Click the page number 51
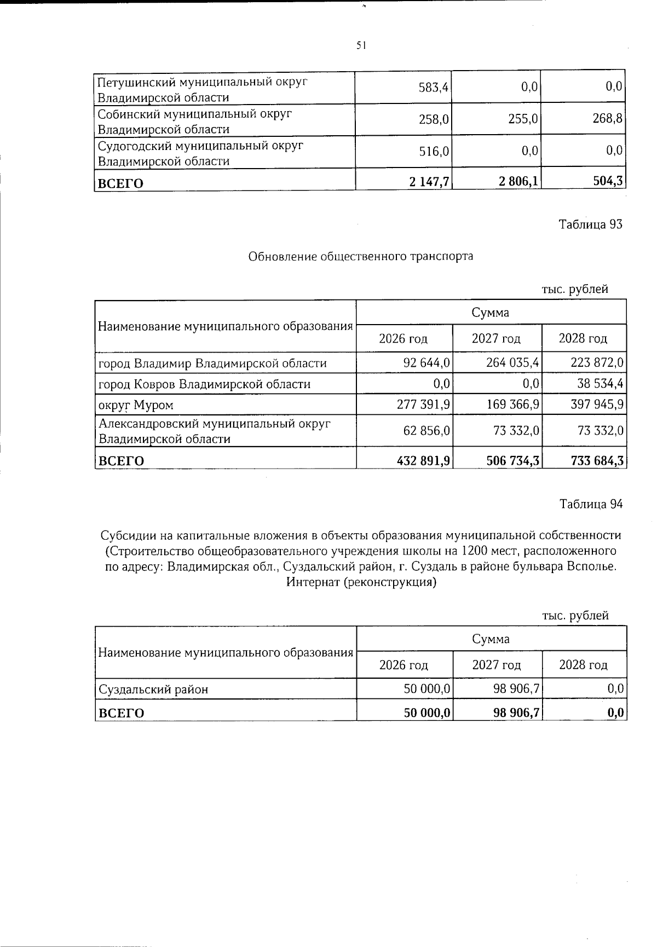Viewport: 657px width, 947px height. click(360, 46)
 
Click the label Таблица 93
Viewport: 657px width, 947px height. click(590, 224)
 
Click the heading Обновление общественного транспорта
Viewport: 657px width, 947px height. click(360, 256)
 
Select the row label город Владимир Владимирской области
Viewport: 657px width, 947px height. click(212, 363)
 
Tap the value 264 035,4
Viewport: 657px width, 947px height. click(513, 363)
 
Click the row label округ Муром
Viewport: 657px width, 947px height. click(135, 405)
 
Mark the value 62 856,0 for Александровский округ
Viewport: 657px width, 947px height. click(427, 431)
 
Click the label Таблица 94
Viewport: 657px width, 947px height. click(590, 504)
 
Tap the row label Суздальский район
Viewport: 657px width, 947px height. click(153, 689)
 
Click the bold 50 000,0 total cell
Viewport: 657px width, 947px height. click(427, 713)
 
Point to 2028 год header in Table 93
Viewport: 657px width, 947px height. click(583, 338)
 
